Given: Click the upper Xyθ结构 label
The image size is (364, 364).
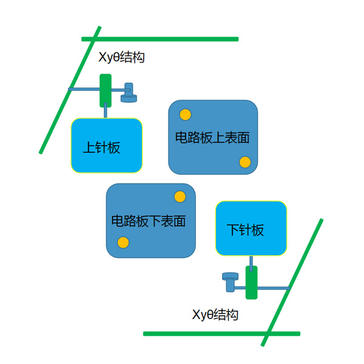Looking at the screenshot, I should [121, 58].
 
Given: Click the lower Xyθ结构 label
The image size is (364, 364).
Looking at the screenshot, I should [215, 315].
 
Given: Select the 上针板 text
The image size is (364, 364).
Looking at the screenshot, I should [101, 147].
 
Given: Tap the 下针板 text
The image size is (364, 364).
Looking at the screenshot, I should [246, 231].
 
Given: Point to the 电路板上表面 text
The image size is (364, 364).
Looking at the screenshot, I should [212, 138].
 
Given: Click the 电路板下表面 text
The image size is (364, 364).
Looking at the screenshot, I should [149, 221].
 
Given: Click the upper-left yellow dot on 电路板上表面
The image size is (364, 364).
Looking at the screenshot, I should [185, 114].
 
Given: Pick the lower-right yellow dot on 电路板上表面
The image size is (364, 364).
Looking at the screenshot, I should [245, 162].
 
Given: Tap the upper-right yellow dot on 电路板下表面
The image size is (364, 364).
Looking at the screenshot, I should [180, 197].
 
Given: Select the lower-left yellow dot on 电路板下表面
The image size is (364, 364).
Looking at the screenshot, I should [123, 243].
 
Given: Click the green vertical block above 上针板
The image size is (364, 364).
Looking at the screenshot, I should [106, 90].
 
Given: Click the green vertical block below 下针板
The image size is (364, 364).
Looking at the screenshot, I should [251, 282].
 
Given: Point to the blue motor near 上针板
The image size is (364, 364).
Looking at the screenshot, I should [129, 93].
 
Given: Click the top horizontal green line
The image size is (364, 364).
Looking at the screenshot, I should [160, 39].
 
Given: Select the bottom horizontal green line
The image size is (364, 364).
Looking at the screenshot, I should [221, 333].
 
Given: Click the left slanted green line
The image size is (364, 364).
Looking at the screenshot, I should [70, 90].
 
